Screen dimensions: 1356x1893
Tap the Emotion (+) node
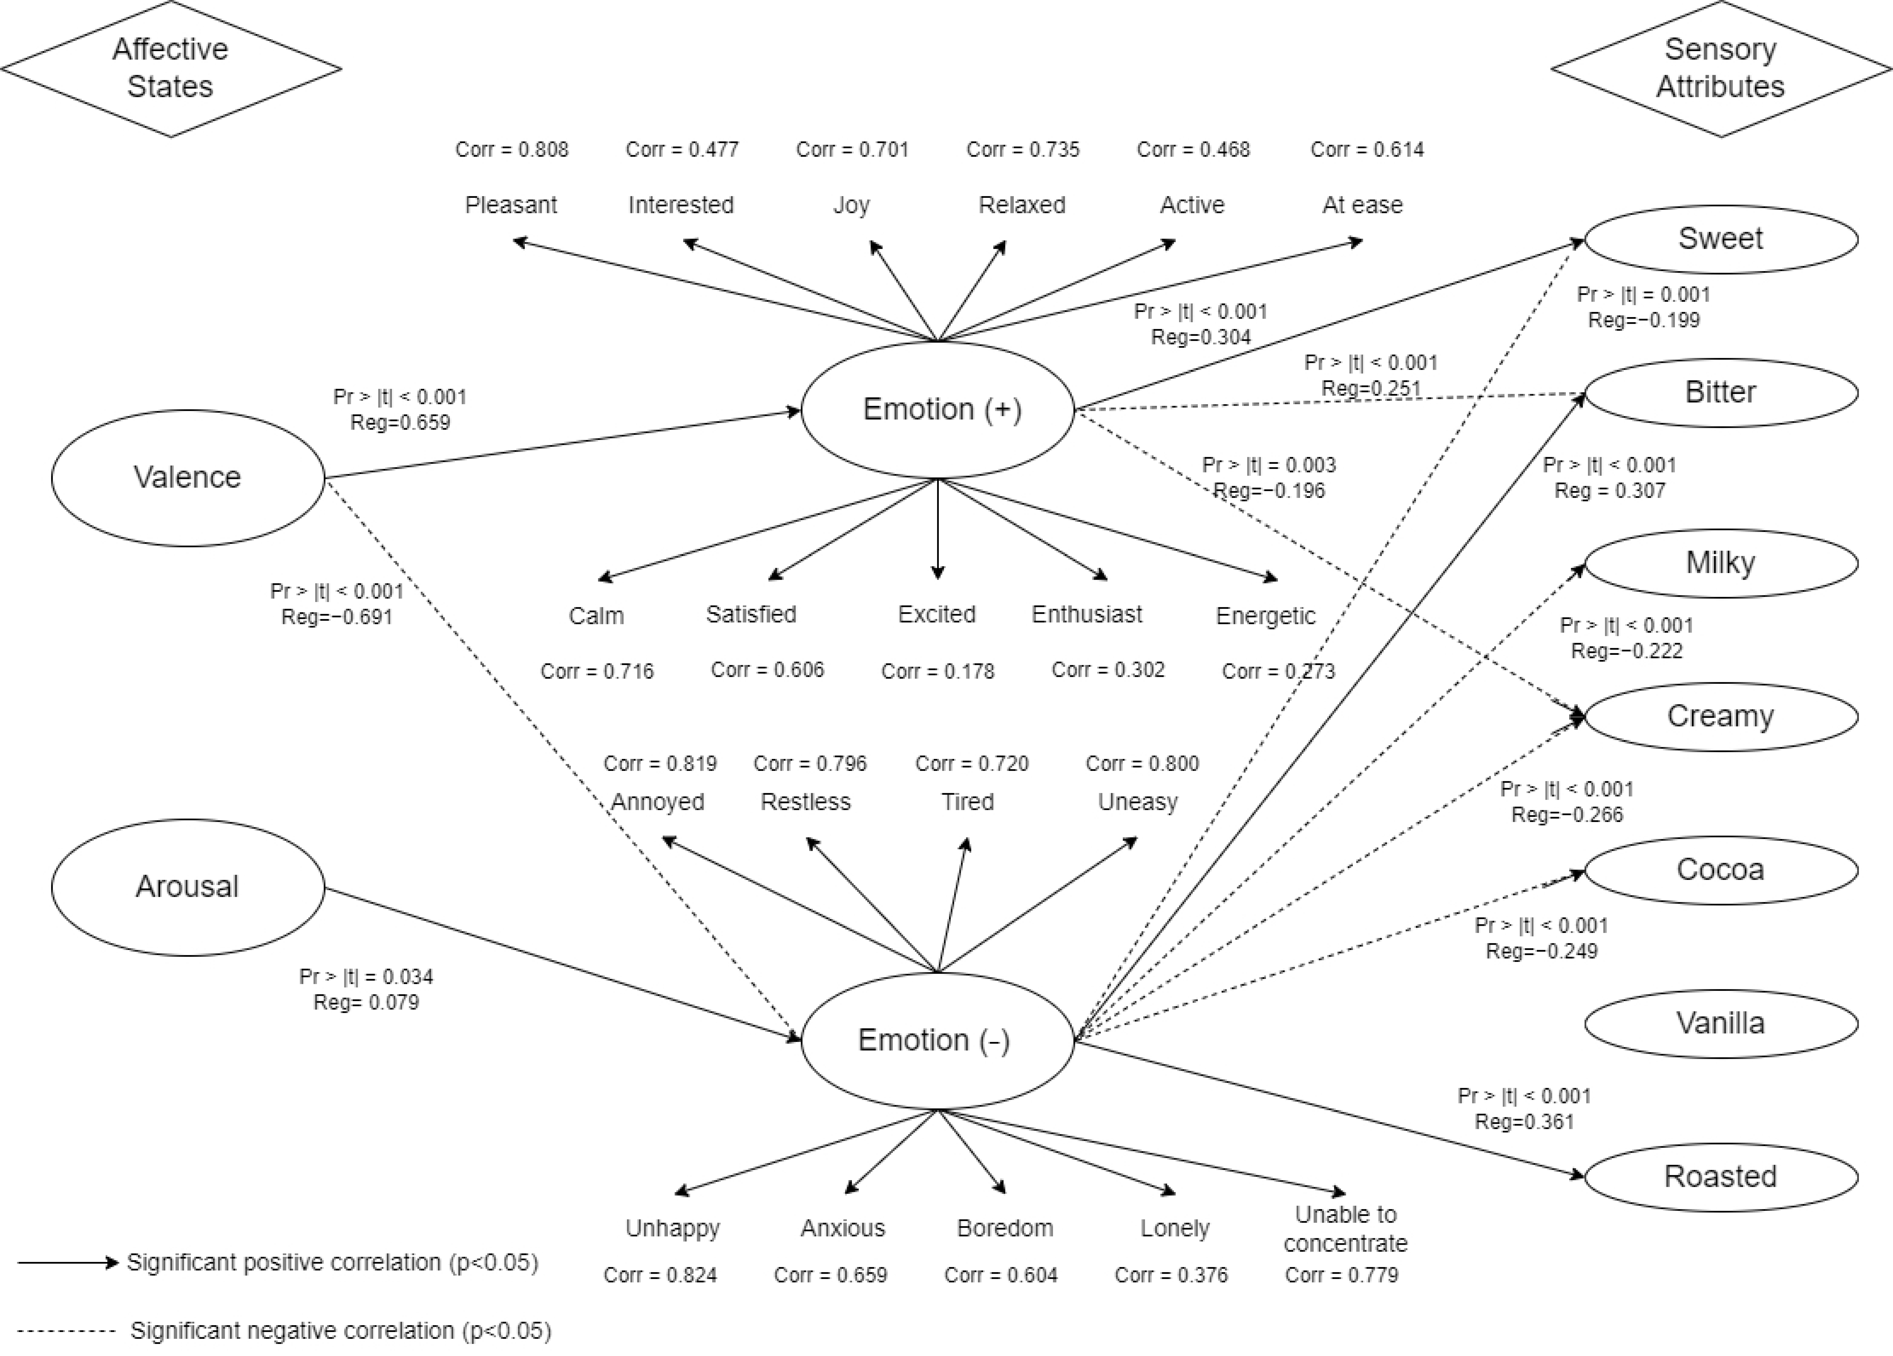pyautogui.click(x=938, y=410)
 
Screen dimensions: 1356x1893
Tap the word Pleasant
pyautogui.click(x=511, y=205)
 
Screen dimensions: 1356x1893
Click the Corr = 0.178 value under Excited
pyautogui.click(x=938, y=672)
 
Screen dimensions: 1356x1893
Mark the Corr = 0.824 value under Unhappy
pyautogui.click(x=660, y=1275)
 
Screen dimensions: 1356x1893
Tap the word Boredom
pyautogui.click(x=1005, y=1228)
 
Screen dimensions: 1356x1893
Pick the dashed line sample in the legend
pyautogui.click(x=67, y=1331)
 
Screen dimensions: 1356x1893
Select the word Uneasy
pyautogui.click(x=1138, y=802)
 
